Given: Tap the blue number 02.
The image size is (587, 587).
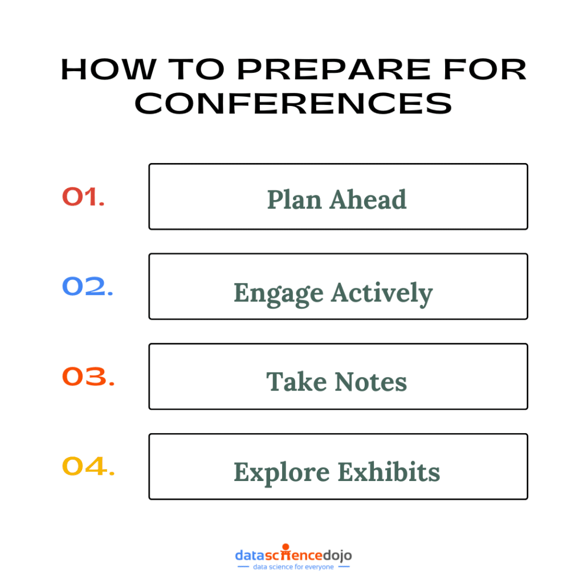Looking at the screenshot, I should (x=87, y=286).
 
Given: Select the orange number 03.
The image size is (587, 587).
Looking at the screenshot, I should (x=88, y=376).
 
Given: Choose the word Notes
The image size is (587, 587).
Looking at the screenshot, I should (x=370, y=381).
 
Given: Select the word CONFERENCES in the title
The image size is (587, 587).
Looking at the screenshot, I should (x=293, y=103).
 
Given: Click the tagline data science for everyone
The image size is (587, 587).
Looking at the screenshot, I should (x=293, y=567).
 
